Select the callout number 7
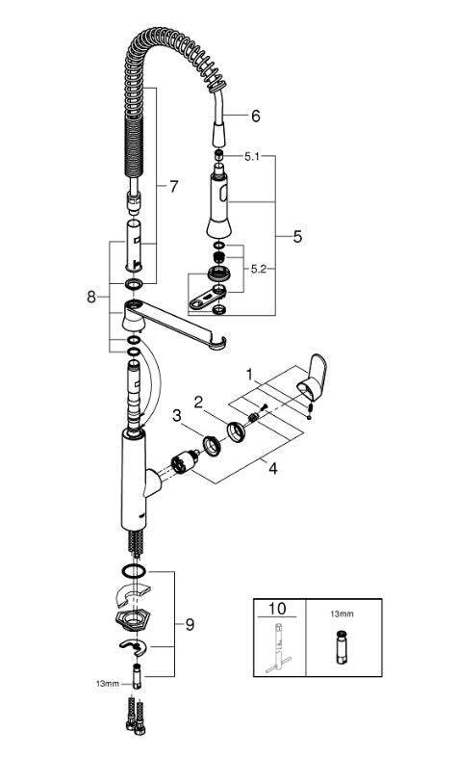[x=173, y=187]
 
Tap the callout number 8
[x=91, y=298]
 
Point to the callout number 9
[x=190, y=624]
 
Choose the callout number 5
[x=298, y=235]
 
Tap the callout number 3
[x=177, y=416]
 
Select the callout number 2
[x=199, y=401]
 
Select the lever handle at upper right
[x=313, y=378]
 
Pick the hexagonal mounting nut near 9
[x=134, y=617]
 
